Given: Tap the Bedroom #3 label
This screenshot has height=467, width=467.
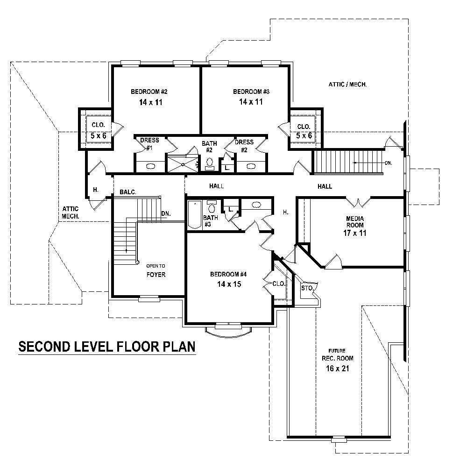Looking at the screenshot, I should pos(251,92).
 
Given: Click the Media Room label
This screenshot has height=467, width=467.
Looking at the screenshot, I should pos(355,222).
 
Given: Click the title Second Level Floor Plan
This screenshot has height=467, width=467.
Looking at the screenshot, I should pos(106,347).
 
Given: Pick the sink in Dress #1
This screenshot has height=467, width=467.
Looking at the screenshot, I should pos(150,166).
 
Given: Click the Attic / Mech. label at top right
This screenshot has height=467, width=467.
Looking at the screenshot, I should pos(347,85).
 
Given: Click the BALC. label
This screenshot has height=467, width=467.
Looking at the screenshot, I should pos(127,192).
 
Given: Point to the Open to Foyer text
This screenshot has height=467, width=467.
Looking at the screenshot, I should pos(156,270).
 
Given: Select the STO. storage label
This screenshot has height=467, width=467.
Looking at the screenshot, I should pos(306,288).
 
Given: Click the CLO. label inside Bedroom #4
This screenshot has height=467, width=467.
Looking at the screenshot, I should pos(278,283).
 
